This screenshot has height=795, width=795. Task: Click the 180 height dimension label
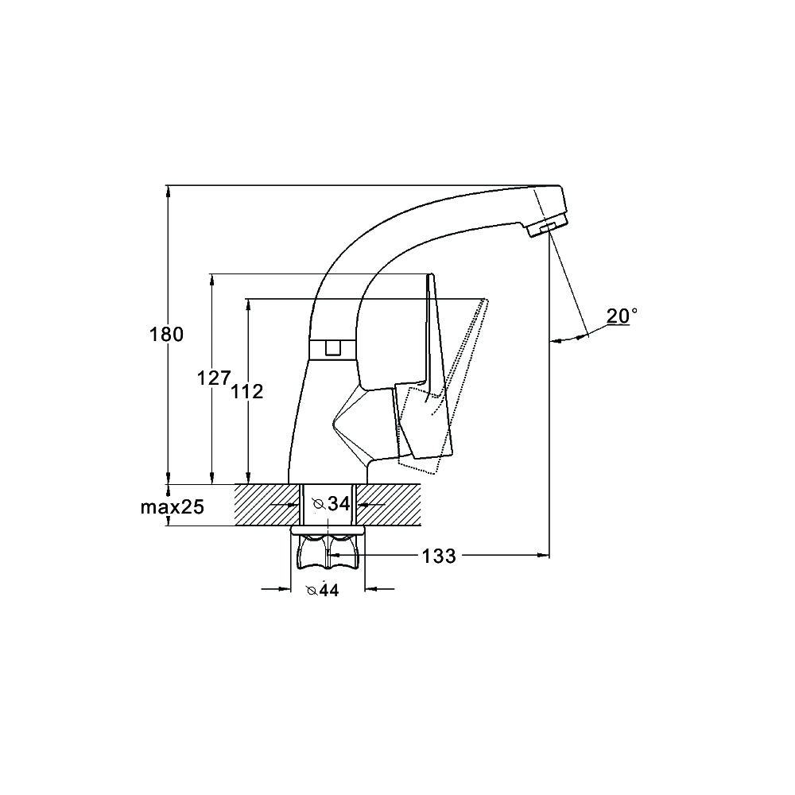pyautogui.click(x=166, y=335)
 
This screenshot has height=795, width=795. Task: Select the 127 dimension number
pyautogui.click(x=214, y=378)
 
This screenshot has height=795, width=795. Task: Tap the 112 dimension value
pyautogui.click(x=247, y=391)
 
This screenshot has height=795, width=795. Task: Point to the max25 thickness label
pyautogui.click(x=173, y=506)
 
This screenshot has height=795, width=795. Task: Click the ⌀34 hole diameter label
pyautogui.click(x=332, y=504)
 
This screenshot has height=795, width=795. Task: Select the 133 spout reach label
pyautogui.click(x=439, y=556)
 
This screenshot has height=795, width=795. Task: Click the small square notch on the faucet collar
pyautogui.click(x=332, y=348)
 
